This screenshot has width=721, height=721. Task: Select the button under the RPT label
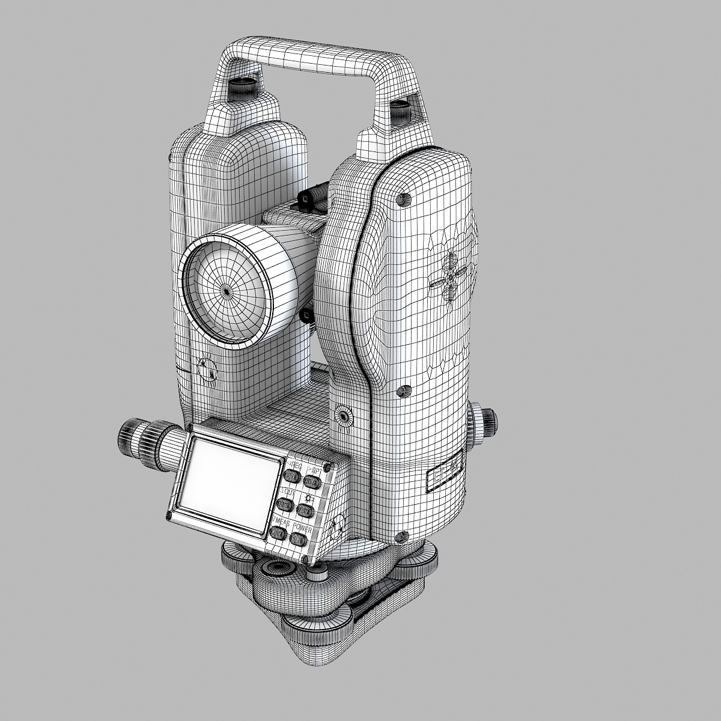coord(311,481)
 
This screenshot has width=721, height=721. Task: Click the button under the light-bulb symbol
coord(306,510)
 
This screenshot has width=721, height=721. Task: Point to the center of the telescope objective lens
coord(227,290)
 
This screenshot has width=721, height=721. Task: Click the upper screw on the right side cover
coord(401,198)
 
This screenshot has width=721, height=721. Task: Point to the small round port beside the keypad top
coord(344,415)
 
